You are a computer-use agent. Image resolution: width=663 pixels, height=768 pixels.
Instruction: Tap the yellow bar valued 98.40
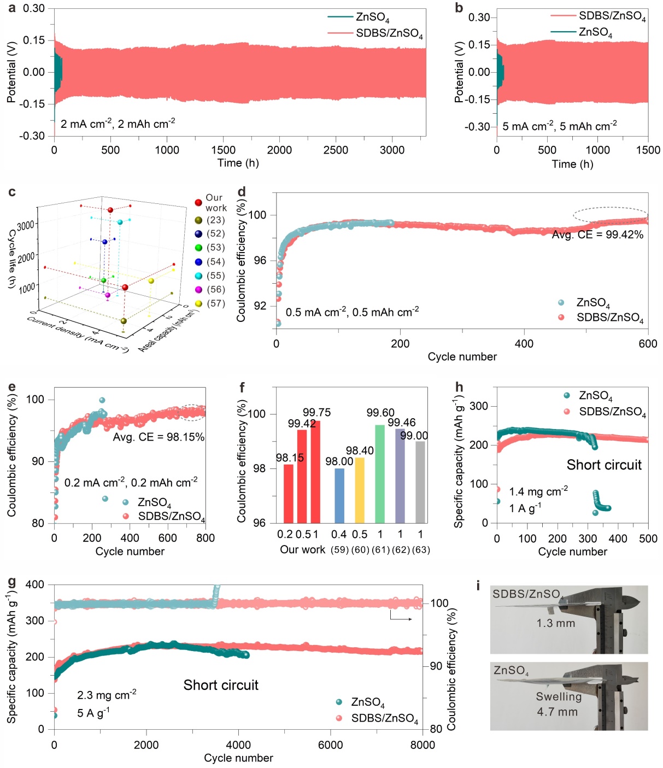359,490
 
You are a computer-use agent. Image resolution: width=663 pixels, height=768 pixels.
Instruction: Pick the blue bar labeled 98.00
339,495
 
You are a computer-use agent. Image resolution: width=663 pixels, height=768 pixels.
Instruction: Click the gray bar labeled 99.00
420,482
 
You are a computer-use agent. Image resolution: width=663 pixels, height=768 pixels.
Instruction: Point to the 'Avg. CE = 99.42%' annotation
597,235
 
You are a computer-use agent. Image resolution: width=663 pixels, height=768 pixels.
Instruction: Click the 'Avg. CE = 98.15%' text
159,437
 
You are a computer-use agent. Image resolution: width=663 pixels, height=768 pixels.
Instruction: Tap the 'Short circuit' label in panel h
604,465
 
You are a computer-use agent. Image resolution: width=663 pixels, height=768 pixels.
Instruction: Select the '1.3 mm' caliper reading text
556,624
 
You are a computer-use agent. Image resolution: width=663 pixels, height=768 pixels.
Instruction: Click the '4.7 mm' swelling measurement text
557,712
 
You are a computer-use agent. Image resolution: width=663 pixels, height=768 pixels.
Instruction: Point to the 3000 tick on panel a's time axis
392,150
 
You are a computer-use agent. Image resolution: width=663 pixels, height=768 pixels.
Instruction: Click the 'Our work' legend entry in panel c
215,203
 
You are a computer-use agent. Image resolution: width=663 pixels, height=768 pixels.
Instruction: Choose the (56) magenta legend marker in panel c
198,290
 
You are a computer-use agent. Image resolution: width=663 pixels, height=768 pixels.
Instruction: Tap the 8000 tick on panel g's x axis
423,745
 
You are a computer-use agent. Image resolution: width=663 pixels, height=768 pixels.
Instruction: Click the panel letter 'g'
11,582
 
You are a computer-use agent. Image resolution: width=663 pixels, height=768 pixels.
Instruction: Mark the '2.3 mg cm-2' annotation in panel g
107,695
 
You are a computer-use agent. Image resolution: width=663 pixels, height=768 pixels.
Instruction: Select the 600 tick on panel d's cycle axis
648,344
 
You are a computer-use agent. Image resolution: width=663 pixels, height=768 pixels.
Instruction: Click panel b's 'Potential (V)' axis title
459,73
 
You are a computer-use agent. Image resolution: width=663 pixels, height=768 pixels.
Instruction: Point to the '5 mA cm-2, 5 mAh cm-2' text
560,126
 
